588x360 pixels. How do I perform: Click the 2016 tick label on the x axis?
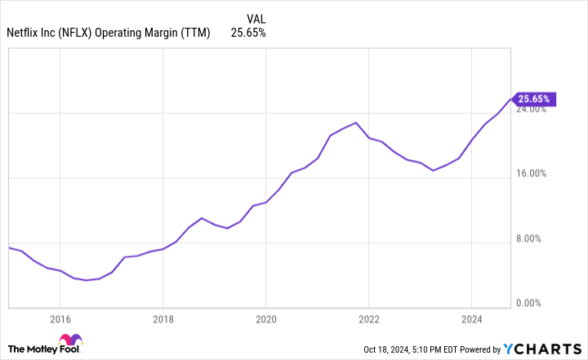pyautogui.click(x=59, y=319)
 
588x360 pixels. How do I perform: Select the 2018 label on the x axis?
pyautogui.click(x=163, y=319)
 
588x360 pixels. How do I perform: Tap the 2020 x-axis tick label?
pyautogui.click(x=265, y=319)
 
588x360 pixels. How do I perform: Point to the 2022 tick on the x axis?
pyautogui.click(x=368, y=319)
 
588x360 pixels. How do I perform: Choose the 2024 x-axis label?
pyautogui.click(x=472, y=319)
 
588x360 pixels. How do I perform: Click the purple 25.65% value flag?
pyautogui.click(x=533, y=99)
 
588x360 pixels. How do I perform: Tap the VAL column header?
pyautogui.click(x=255, y=17)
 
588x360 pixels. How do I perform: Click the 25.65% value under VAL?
pyautogui.click(x=248, y=33)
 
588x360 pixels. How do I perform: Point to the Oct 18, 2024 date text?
pyautogui.click(x=391, y=350)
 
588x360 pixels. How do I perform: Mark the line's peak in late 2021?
pyautogui.click(x=356, y=122)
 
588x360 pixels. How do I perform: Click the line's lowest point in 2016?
pyautogui.click(x=86, y=280)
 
